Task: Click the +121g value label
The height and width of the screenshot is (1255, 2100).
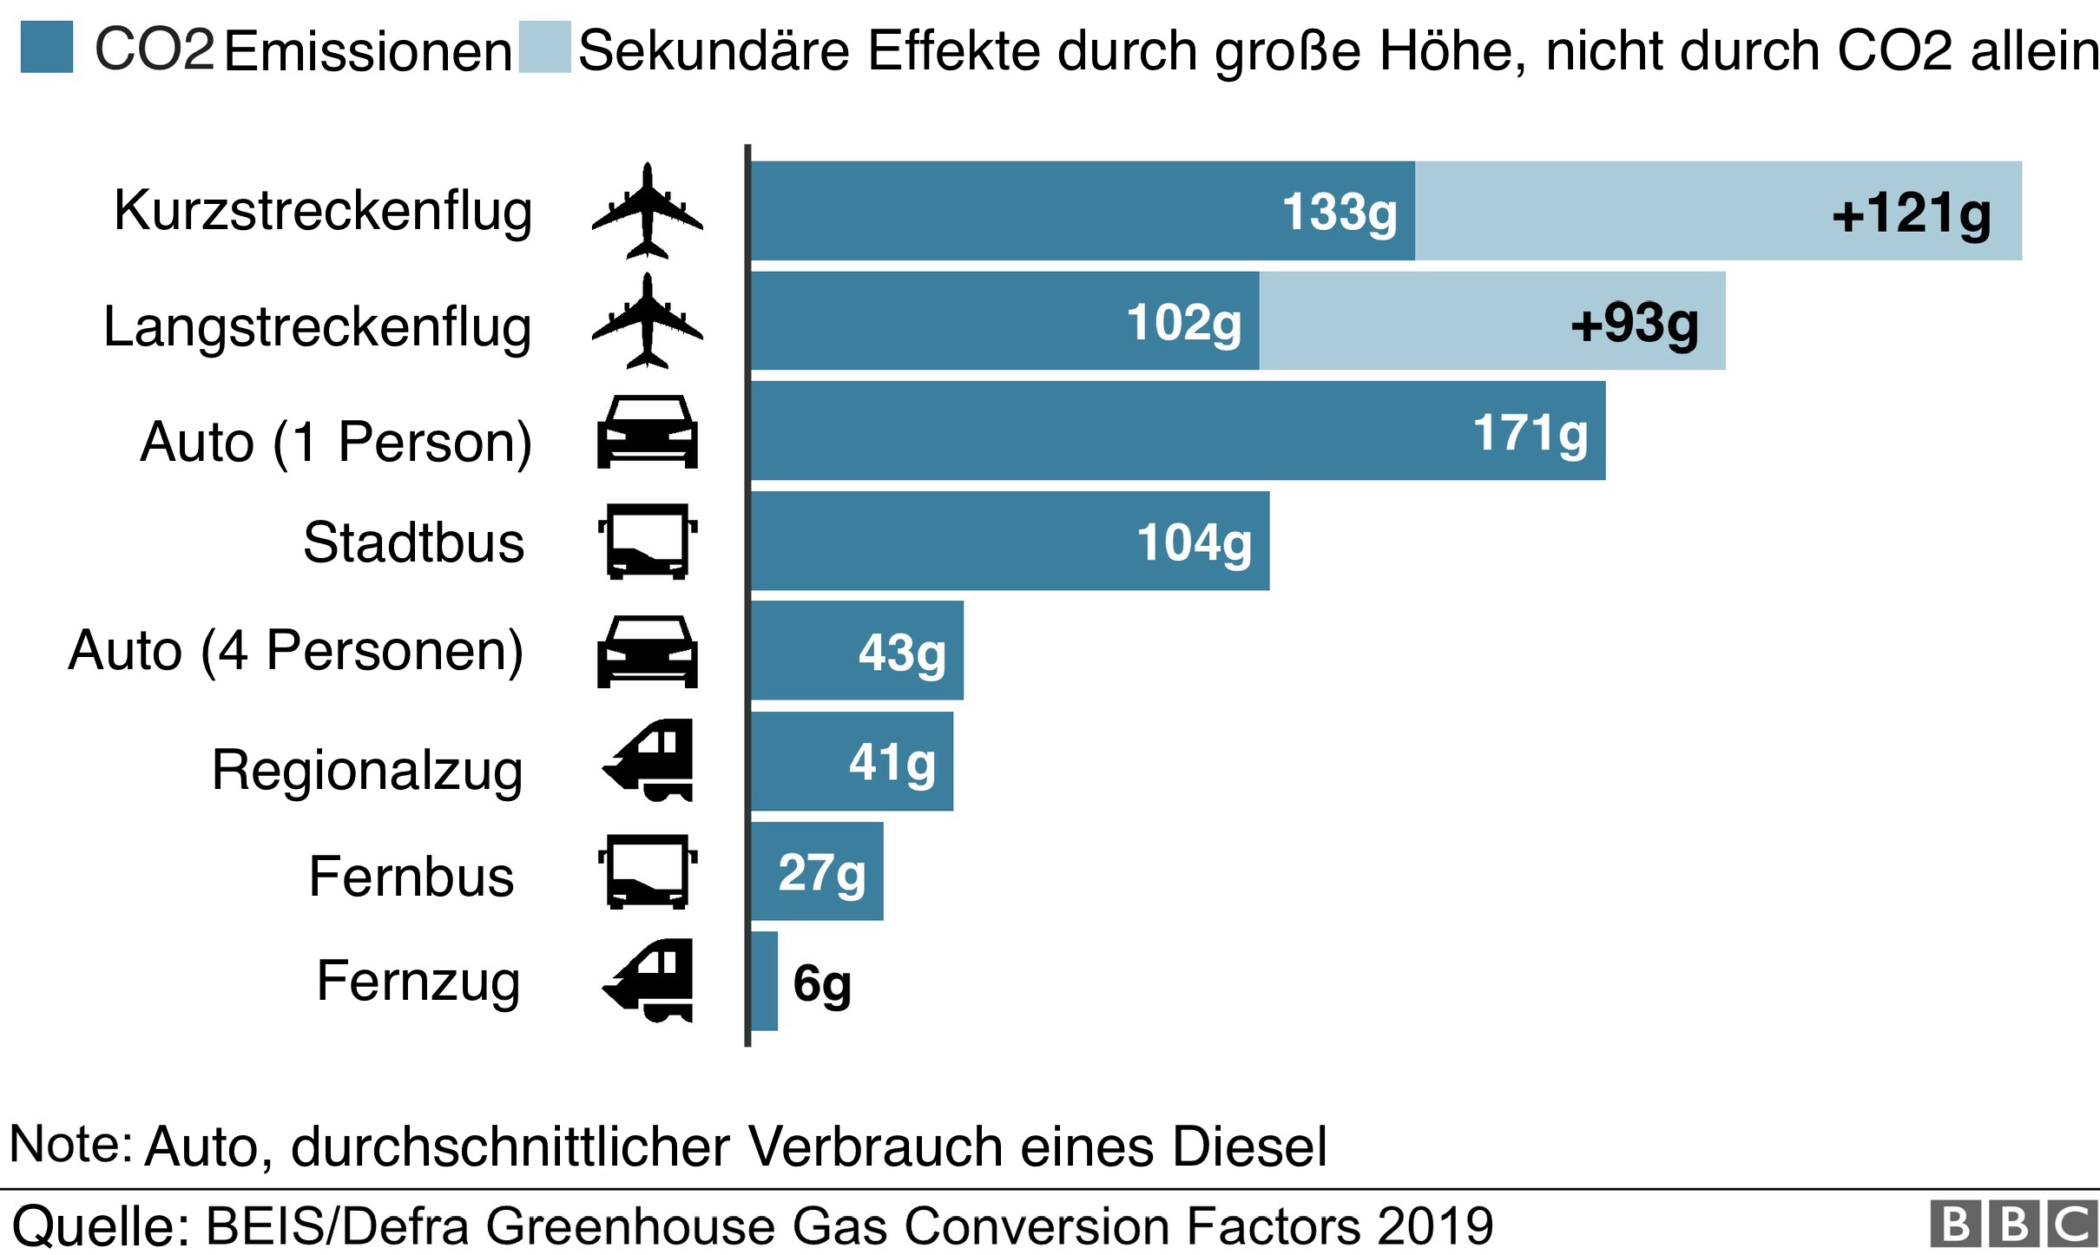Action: click(x=1911, y=214)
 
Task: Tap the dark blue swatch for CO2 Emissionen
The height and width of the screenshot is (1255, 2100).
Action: click(x=47, y=48)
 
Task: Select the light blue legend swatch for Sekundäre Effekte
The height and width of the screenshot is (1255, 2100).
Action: click(x=544, y=48)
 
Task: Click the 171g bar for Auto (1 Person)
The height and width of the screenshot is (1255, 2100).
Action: click(x=1177, y=430)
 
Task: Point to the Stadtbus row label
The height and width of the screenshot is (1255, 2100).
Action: click(x=413, y=542)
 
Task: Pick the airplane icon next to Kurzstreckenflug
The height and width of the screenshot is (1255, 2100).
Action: click(x=647, y=211)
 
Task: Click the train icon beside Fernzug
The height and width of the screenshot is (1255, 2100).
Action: click(x=649, y=980)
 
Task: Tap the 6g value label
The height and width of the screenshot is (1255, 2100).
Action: click(x=821, y=984)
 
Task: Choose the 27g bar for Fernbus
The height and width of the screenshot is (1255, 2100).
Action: click(x=816, y=871)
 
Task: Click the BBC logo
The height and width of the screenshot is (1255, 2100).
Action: click(x=2013, y=1225)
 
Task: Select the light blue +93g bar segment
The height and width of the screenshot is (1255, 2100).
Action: click(x=1491, y=321)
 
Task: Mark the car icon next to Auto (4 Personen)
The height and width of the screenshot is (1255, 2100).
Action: click(x=647, y=651)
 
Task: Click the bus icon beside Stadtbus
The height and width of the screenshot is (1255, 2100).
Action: click(x=647, y=541)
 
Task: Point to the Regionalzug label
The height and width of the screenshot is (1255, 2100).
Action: click(x=367, y=771)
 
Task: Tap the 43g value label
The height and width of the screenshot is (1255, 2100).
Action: click(x=901, y=653)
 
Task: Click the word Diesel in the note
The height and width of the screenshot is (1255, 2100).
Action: click(x=1249, y=1147)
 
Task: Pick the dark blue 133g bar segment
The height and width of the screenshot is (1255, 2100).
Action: click(x=1082, y=211)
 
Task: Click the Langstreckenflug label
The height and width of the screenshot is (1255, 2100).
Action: click(x=317, y=327)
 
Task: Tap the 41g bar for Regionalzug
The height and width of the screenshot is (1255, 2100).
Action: click(x=851, y=762)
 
